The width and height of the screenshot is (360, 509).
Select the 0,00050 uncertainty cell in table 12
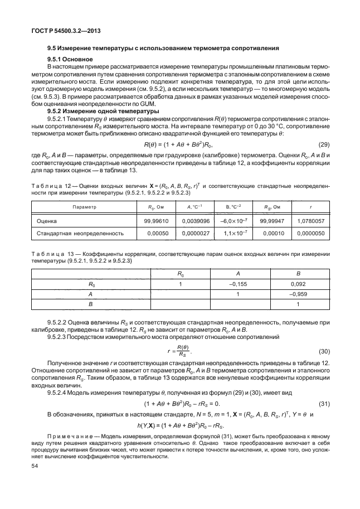[x=153, y=234]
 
